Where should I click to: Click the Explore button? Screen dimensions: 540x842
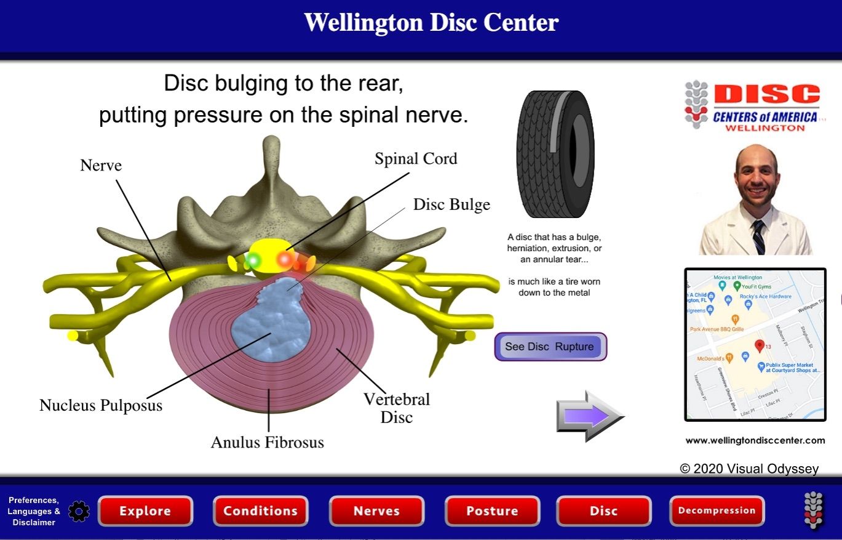tap(145, 511)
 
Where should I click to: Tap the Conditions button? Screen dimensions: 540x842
tap(260, 511)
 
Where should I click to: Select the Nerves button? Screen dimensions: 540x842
tap(376, 511)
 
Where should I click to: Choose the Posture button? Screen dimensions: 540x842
tap(492, 511)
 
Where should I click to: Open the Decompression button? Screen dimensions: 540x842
tap(717, 510)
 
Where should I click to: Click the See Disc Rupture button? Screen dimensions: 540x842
tap(550, 347)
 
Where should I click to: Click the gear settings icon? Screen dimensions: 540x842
tap(79, 511)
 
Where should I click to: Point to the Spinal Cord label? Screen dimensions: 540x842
tap(416, 159)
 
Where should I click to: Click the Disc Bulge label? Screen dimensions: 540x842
tap(451, 204)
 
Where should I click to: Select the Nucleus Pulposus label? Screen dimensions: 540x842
tap(101, 405)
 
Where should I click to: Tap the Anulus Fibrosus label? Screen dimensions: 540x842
tap(267, 442)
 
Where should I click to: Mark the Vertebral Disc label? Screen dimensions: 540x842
tap(397, 408)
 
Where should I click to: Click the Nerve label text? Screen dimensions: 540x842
tap(101, 165)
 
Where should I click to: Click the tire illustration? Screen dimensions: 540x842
tap(555, 154)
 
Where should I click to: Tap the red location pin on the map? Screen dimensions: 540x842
tap(759, 346)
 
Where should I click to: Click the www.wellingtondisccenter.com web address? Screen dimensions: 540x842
tap(755, 440)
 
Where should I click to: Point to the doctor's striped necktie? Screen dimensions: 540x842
tap(759, 237)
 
